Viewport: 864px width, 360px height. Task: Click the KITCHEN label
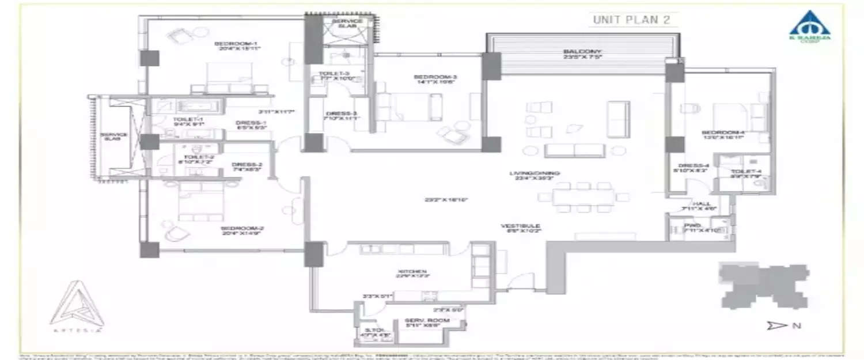click(411, 272)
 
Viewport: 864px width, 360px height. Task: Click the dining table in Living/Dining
click(583, 197)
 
